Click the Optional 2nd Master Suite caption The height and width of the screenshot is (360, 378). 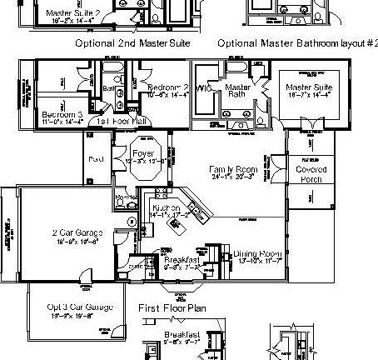133,42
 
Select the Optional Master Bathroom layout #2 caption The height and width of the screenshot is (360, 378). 296,42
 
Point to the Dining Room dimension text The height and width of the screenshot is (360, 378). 256,261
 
